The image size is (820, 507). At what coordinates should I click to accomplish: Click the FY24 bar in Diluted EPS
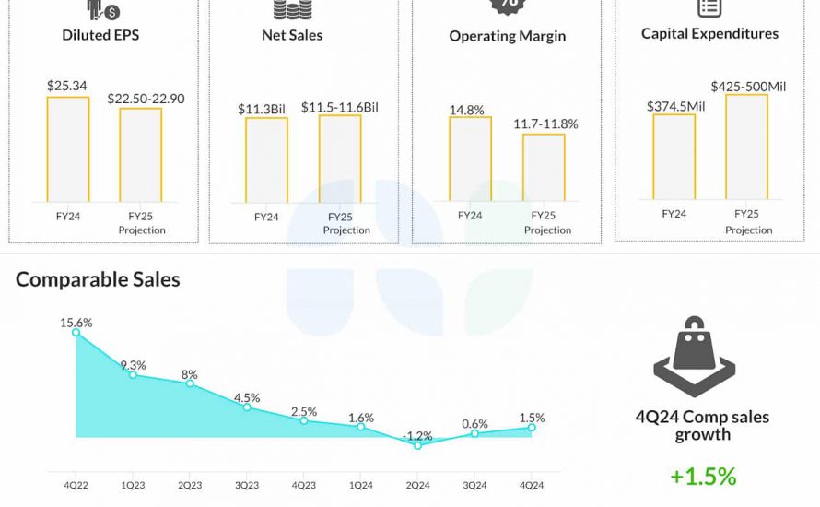click(68, 148)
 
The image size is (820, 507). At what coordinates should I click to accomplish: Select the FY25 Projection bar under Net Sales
click(340, 158)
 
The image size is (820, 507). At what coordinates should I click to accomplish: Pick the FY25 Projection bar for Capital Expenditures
click(746, 147)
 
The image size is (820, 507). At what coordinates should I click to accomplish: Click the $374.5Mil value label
click(675, 106)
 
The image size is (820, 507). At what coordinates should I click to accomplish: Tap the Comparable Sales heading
click(98, 278)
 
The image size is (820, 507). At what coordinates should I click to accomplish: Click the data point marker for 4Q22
click(76, 333)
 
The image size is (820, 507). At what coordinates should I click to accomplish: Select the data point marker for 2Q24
click(417, 445)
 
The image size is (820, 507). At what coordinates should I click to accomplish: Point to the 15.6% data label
click(76, 323)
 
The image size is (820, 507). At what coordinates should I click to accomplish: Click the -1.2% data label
click(417, 434)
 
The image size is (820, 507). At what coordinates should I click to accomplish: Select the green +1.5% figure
click(703, 477)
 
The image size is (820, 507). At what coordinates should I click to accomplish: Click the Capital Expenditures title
click(709, 33)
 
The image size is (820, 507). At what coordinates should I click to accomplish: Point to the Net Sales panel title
click(292, 35)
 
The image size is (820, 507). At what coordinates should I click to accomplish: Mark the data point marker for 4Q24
click(532, 427)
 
